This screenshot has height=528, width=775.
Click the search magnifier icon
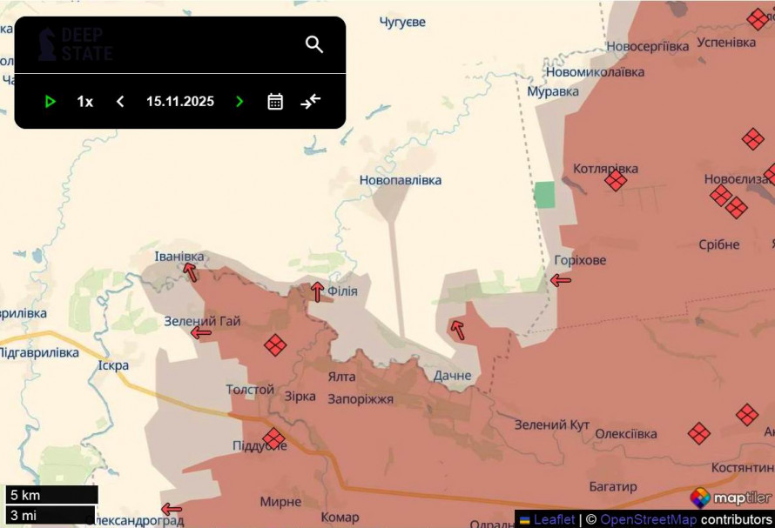[x=314, y=44]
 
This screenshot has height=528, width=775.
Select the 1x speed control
[x=84, y=102]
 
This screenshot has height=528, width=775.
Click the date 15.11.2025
[x=180, y=102]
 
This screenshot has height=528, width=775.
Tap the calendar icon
[x=275, y=102]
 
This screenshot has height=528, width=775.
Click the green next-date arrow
[x=239, y=102]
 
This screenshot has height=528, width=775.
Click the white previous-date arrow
[x=120, y=102]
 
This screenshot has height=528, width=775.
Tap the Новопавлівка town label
[x=401, y=180]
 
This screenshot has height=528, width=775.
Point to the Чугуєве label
[x=402, y=22]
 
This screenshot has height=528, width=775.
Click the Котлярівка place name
[x=605, y=169]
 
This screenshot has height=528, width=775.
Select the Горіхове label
[x=580, y=260]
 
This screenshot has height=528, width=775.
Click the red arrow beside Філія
[x=317, y=291]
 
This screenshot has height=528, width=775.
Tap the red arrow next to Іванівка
[x=190, y=272]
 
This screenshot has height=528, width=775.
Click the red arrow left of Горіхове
[x=561, y=280]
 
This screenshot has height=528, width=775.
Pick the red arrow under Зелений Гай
[x=201, y=332]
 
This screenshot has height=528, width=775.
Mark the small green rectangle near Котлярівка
[x=544, y=194]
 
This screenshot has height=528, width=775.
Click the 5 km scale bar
[x=51, y=495]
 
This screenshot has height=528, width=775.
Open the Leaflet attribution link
[x=554, y=519]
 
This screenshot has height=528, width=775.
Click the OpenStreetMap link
[x=648, y=519]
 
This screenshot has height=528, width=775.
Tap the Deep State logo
[x=76, y=44]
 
